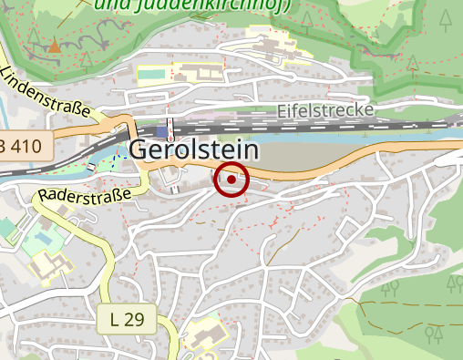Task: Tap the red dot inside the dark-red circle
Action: (x=231, y=180)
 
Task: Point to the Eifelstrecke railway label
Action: (x=325, y=111)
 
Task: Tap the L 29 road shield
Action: (x=126, y=320)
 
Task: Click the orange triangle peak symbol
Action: (x=55, y=45)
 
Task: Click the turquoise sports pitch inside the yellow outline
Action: (x=153, y=73)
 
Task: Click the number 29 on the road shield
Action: (x=133, y=320)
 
